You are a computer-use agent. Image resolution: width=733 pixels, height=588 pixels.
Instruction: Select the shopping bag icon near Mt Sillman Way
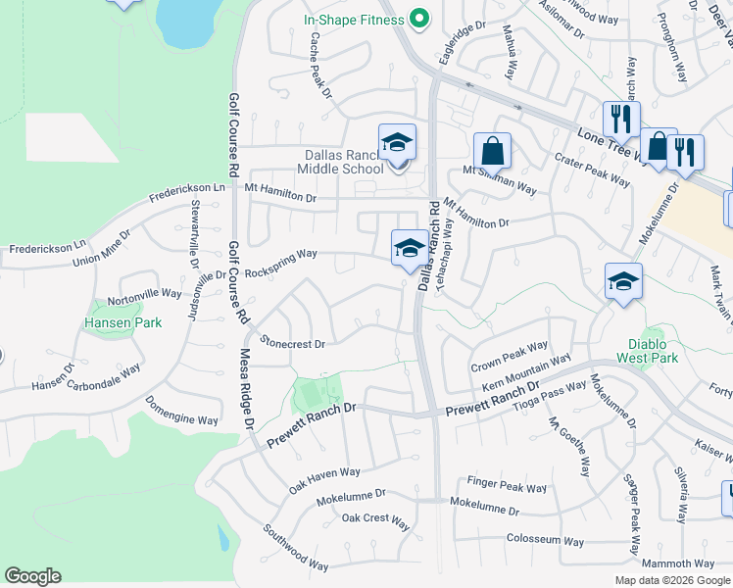tap(492, 152)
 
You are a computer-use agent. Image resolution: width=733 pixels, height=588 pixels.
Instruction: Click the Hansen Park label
tap(122, 321)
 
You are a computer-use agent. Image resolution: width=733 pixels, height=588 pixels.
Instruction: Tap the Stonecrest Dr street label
tap(293, 343)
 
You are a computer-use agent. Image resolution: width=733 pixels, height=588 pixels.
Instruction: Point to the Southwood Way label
tap(295, 547)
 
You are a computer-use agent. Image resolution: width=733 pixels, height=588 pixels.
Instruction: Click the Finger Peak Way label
tap(507, 486)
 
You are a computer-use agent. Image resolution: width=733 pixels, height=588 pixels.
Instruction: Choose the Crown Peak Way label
tap(510, 355)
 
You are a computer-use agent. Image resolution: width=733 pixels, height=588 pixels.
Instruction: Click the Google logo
tap(32, 576)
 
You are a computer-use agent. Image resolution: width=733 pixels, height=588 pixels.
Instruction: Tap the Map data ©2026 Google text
tap(671, 580)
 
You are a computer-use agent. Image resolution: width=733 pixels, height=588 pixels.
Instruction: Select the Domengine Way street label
tap(181, 410)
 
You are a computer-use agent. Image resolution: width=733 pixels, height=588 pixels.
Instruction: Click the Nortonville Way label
tap(144, 293)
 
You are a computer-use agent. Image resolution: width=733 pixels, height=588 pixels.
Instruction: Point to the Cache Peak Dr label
tap(321, 66)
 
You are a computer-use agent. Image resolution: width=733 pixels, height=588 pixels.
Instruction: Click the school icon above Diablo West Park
tap(623, 282)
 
